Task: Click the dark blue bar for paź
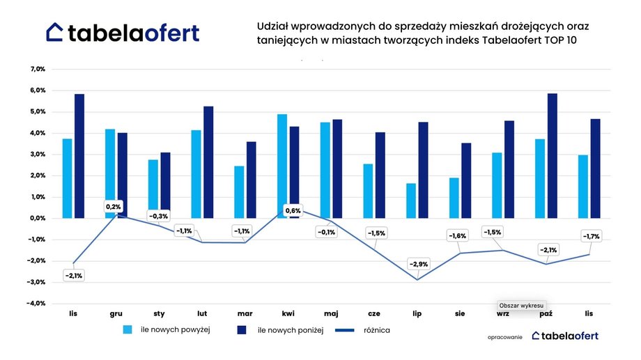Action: (553, 156)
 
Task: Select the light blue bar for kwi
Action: (282, 166)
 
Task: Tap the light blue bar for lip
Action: (411, 201)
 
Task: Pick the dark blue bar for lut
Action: (208, 162)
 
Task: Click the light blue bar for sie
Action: (454, 198)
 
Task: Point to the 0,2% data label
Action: (113, 207)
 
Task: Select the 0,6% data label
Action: (293, 210)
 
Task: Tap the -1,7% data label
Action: (591, 237)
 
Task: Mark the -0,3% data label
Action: (159, 216)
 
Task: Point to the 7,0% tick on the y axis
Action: (37, 70)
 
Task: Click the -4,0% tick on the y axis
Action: (36, 304)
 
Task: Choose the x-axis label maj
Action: (331, 314)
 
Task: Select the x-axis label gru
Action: (116, 314)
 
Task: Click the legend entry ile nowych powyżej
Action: (176, 329)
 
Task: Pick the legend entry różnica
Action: (375, 329)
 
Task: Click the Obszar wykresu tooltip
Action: (522, 305)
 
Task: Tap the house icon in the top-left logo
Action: (55, 32)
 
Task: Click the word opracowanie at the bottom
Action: (505, 336)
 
